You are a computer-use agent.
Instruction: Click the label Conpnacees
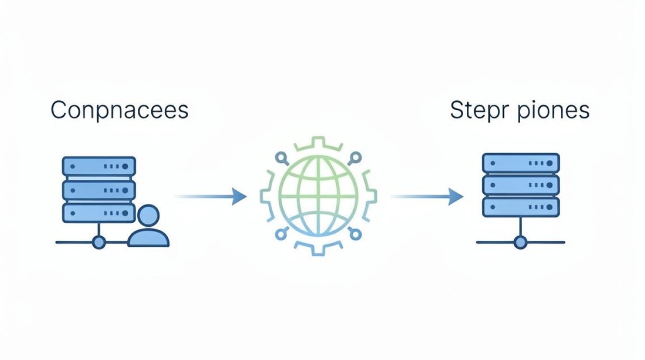(119, 110)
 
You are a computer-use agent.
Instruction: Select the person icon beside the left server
(148, 226)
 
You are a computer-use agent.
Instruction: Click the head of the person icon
(148, 215)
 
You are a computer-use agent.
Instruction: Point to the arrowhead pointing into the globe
(239, 197)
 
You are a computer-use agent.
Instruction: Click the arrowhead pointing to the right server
(456, 197)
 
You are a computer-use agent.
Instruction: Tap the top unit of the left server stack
(99, 166)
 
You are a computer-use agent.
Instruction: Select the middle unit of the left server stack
(99, 191)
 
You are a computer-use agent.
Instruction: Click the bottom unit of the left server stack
(99, 213)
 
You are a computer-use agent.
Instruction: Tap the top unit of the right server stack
(521, 163)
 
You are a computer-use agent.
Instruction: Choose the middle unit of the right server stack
(521, 185)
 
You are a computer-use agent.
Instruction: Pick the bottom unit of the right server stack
(521, 207)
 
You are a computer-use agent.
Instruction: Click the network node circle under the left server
(99, 242)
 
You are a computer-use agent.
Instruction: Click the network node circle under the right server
(521, 242)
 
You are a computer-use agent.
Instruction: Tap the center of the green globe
(318, 196)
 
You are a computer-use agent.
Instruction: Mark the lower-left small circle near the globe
(281, 234)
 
